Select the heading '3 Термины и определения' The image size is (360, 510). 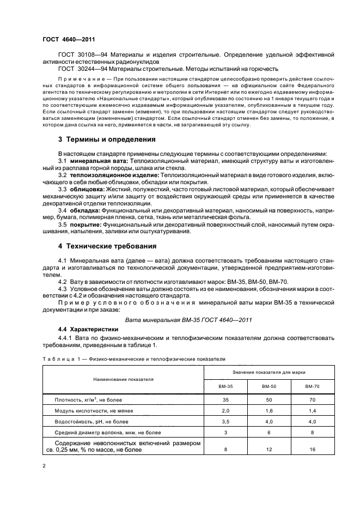(x=99, y=139)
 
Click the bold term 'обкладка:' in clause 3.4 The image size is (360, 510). (x=88, y=209)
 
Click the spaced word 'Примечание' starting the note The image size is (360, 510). (x=82, y=79)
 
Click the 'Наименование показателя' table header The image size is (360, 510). (x=123, y=378)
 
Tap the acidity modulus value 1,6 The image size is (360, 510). (x=269, y=410)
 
